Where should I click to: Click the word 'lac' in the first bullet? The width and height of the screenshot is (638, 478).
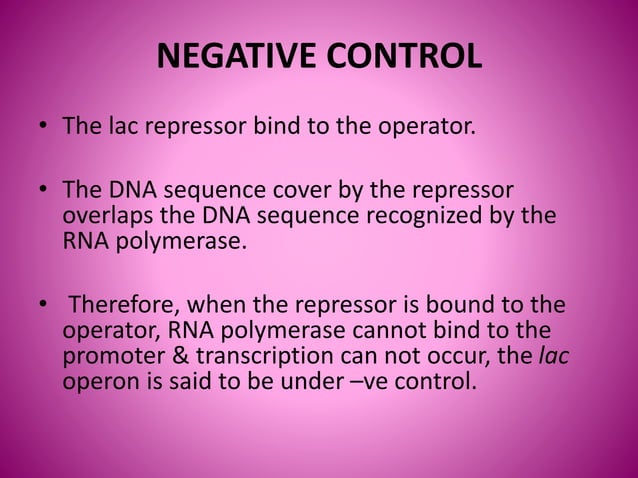(x=113, y=127)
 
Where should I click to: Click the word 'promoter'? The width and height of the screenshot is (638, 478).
(x=109, y=354)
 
